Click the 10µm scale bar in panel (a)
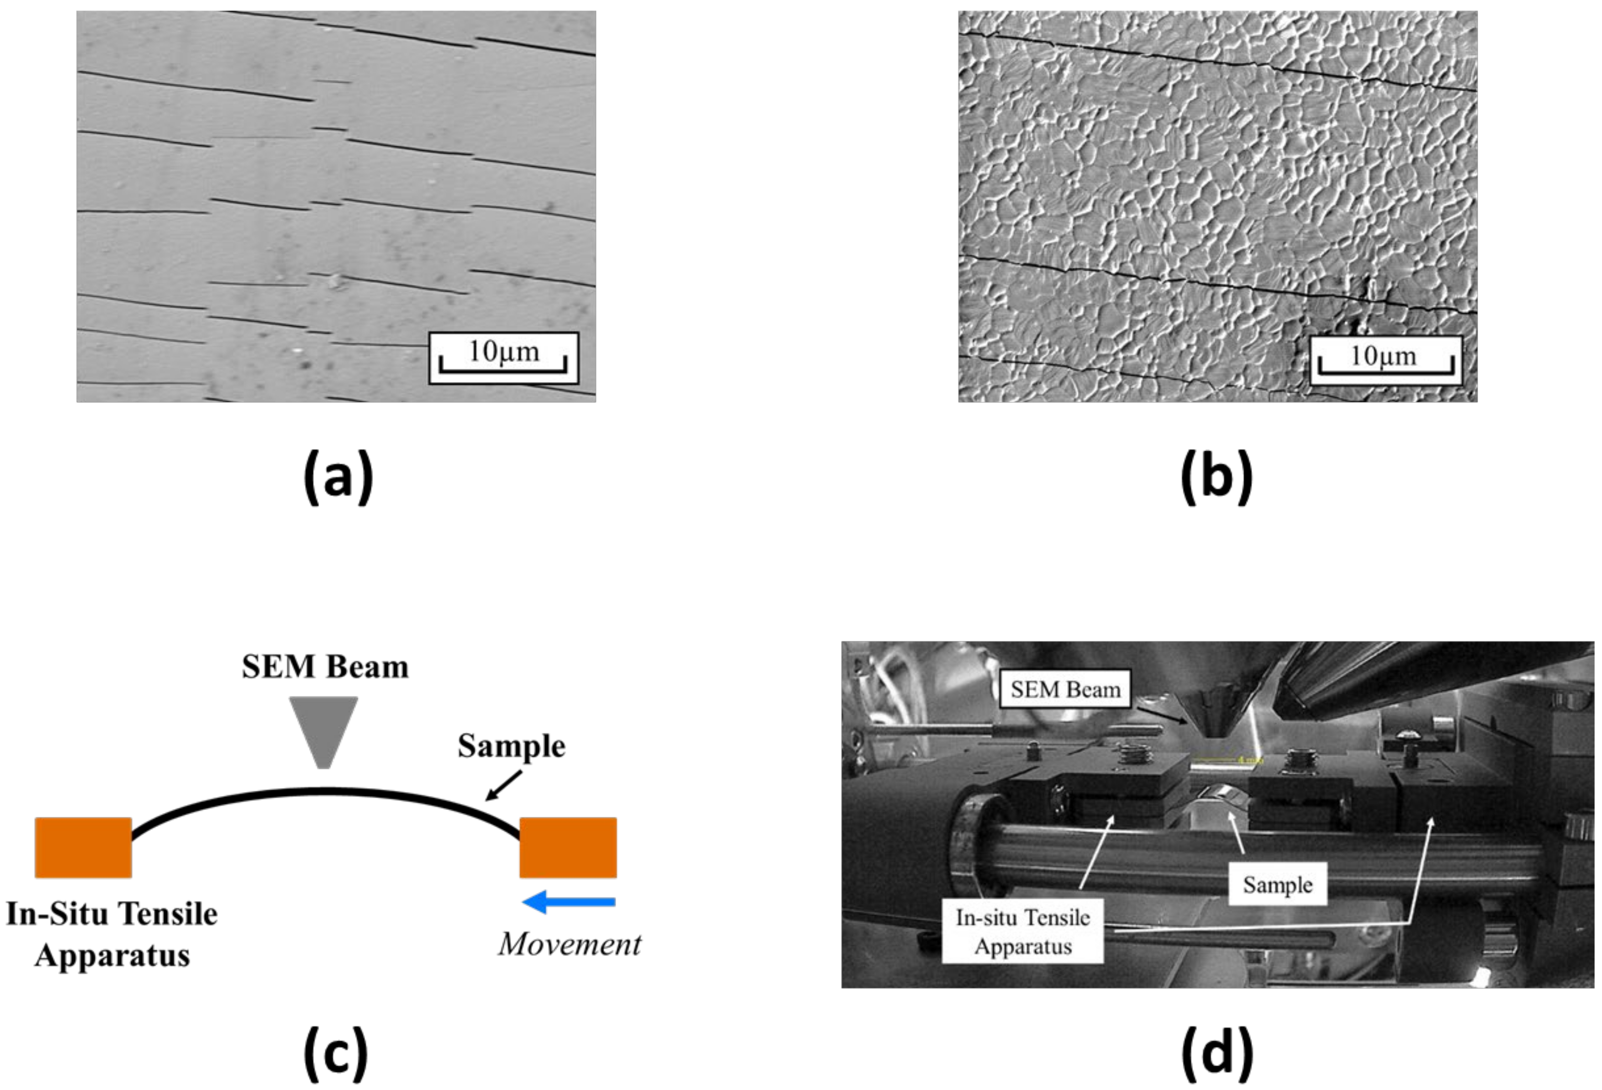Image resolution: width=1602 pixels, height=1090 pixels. (503, 358)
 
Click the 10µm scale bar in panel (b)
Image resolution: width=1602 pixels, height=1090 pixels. (1385, 360)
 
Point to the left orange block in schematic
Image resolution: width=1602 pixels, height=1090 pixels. (83, 847)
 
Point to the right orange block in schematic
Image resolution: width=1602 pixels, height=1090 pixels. (568, 847)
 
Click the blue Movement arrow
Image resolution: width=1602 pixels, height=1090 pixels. (569, 901)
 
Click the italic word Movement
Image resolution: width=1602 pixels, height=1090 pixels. (569, 944)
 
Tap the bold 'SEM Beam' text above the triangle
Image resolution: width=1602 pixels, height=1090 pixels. (325, 667)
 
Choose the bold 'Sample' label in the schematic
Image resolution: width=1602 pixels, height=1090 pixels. (511, 746)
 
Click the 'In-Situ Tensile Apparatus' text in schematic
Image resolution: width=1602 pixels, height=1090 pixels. (112, 934)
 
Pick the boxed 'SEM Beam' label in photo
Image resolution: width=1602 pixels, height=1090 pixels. (1065, 690)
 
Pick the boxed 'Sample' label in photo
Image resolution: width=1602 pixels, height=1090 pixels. (1277, 885)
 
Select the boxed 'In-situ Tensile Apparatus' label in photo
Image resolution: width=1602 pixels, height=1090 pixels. (1023, 931)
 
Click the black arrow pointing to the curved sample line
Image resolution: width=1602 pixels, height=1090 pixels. (503, 786)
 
